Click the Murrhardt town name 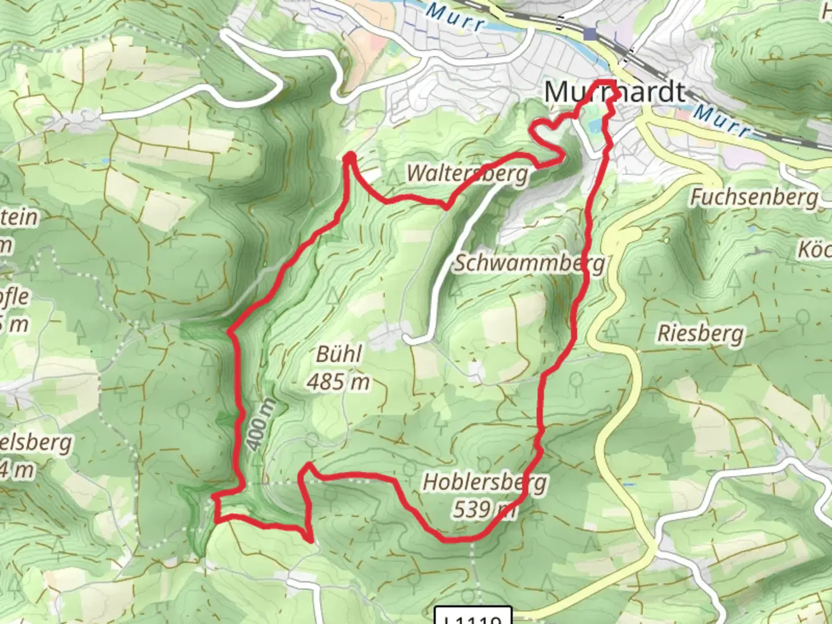[615, 92]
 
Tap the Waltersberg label [467, 173]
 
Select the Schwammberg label [529, 263]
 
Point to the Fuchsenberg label [755, 198]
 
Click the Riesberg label [700, 334]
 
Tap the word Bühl [339, 354]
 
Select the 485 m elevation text [339, 381]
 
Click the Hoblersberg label [484, 482]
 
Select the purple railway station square [589, 34]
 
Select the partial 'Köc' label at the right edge [815, 250]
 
